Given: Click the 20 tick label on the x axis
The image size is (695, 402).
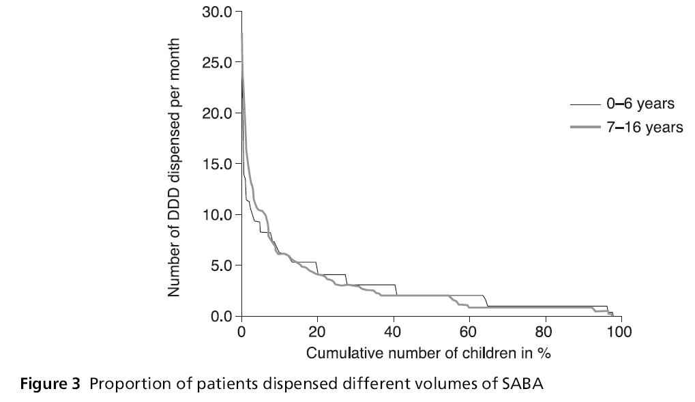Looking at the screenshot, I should click(x=317, y=332).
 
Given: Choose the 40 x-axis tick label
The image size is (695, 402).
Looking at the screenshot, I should click(x=393, y=332).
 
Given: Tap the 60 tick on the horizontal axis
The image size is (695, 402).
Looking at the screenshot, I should click(x=469, y=332).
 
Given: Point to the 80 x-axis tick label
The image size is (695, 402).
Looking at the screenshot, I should click(x=544, y=332).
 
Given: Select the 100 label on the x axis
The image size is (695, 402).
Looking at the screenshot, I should click(x=620, y=332).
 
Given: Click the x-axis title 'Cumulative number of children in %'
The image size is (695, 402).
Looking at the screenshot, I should click(x=428, y=354).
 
